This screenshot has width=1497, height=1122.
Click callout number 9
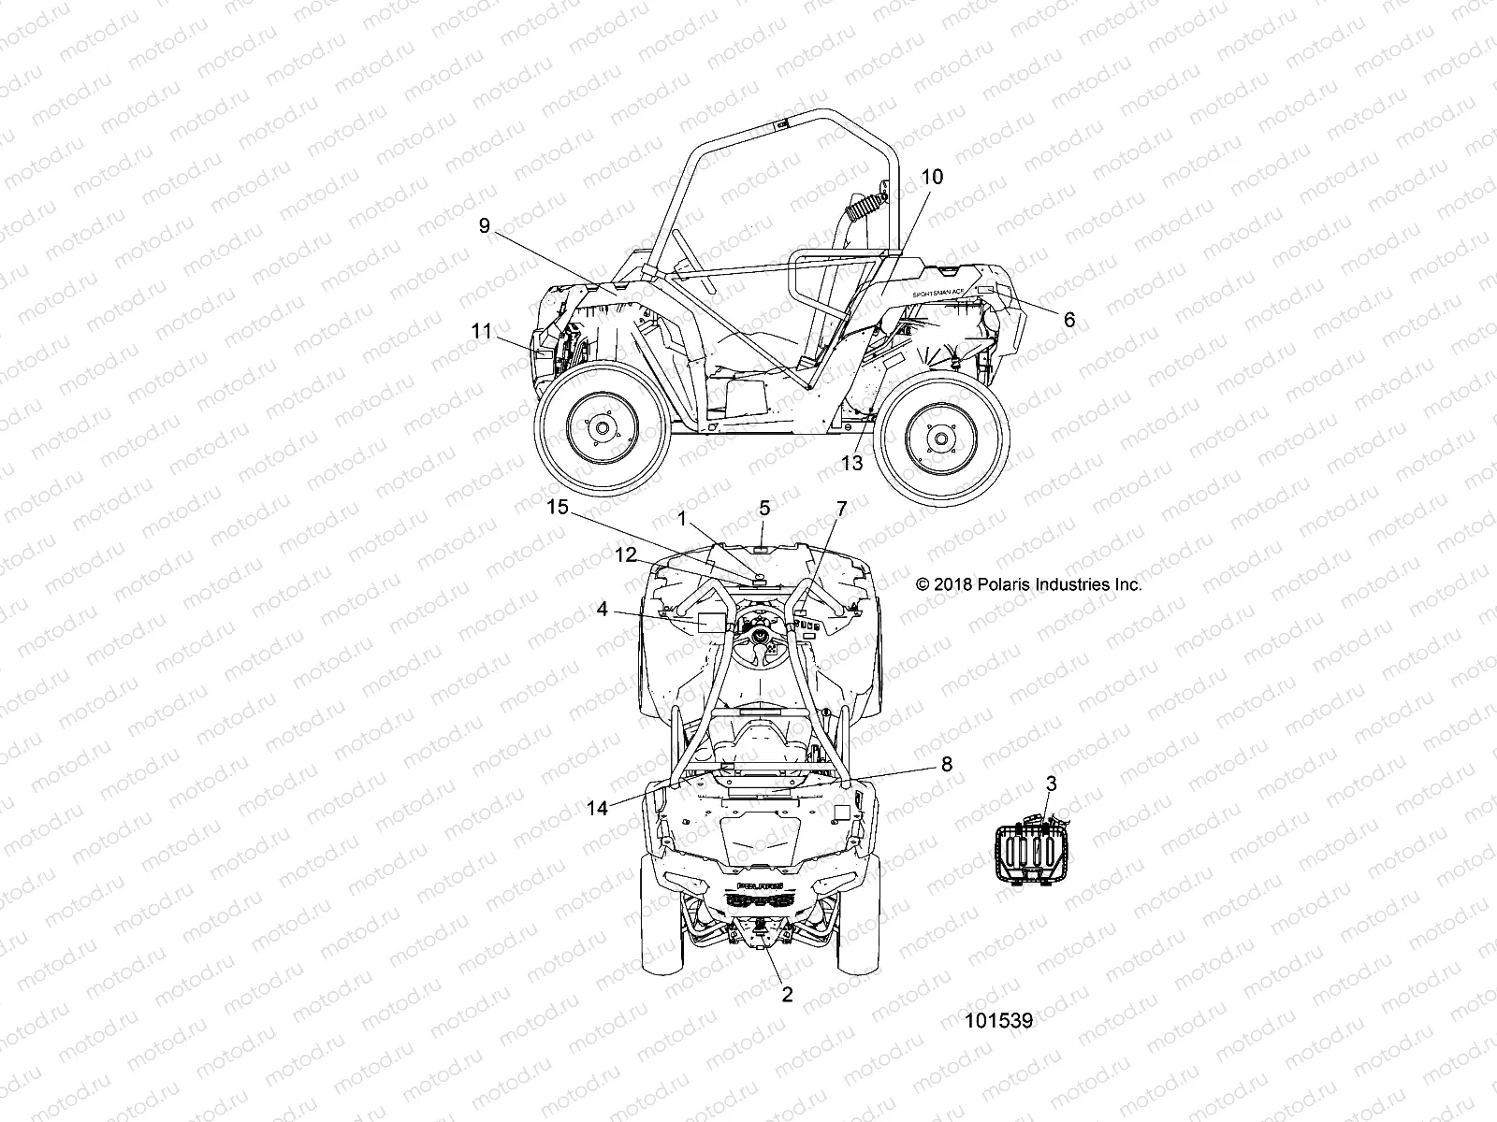coord(484,227)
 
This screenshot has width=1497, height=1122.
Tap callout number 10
coord(932,178)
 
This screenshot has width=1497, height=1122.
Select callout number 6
coord(1068,320)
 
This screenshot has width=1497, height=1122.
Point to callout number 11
coord(481,331)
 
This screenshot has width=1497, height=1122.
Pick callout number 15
coord(558,508)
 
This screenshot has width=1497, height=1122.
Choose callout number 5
coord(764,509)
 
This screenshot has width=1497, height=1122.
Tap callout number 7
coord(841,509)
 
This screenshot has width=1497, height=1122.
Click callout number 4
coord(603,610)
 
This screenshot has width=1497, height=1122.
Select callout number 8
coord(946,765)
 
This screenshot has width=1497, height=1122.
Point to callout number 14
coord(597,809)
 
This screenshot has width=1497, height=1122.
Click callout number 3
coord(1051,784)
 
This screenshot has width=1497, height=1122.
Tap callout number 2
coord(787,995)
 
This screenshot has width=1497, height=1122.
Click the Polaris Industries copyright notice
coord(1029,584)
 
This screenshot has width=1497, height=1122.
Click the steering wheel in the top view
coord(763,641)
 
